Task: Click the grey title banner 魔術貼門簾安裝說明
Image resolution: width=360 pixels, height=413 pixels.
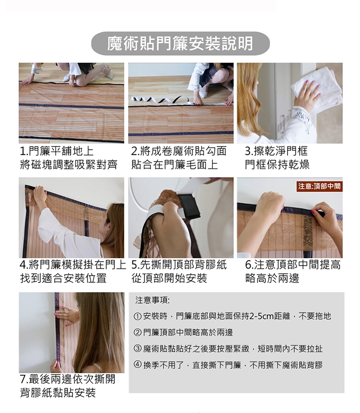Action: pyautogui.click(x=180, y=43)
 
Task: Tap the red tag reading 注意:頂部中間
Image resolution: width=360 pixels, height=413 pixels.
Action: pyautogui.click(x=319, y=186)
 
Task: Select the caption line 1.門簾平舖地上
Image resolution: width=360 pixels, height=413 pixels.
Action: pyautogui.click(x=57, y=151)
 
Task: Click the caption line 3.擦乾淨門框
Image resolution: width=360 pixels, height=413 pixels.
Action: pyautogui.click(x=276, y=151)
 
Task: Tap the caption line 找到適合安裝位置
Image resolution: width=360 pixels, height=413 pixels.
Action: pyautogui.click(x=63, y=278)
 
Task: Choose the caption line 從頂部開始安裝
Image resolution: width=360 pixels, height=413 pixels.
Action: pyautogui.click(x=169, y=278)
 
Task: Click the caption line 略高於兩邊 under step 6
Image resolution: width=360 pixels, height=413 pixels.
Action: pyautogui.click(x=272, y=278)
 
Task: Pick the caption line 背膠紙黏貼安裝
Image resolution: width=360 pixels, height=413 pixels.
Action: pyautogui.click(x=58, y=393)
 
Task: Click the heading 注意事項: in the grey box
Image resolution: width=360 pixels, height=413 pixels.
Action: pyautogui.click(x=153, y=300)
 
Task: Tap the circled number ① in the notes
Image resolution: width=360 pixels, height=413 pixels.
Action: pyautogui.click(x=138, y=316)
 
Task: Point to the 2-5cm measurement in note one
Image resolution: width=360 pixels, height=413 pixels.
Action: pyautogui.click(x=262, y=316)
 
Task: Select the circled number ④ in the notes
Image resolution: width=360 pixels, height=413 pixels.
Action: pyautogui.click(x=138, y=365)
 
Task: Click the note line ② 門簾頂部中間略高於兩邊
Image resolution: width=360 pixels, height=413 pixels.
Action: pyautogui.click(x=184, y=333)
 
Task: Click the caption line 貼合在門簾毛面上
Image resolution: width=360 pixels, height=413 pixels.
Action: pyautogui.click(x=175, y=165)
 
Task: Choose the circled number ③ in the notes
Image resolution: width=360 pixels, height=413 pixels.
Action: pyautogui.click(x=138, y=349)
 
